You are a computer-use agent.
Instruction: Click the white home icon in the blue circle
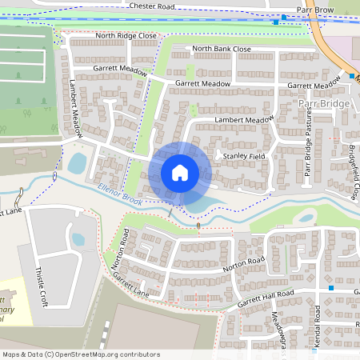pyautogui.click(x=180, y=173)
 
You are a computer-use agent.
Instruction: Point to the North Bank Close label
pyautogui.click(x=222, y=49)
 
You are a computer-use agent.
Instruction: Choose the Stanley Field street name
pyautogui.click(x=243, y=156)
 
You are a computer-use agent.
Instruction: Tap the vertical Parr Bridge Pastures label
pyautogui.click(x=308, y=147)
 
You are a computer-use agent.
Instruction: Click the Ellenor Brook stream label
pyautogui.click(x=119, y=194)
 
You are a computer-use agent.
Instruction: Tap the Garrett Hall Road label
pyautogui.click(x=265, y=299)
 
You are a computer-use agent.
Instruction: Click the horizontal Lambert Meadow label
pyautogui.click(x=244, y=119)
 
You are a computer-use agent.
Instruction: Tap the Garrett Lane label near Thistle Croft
pyautogui.click(x=133, y=283)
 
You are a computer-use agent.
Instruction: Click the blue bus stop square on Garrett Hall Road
pyautogui.click(x=330, y=287)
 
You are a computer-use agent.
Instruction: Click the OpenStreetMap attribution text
pyautogui.click(x=81, y=354)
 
